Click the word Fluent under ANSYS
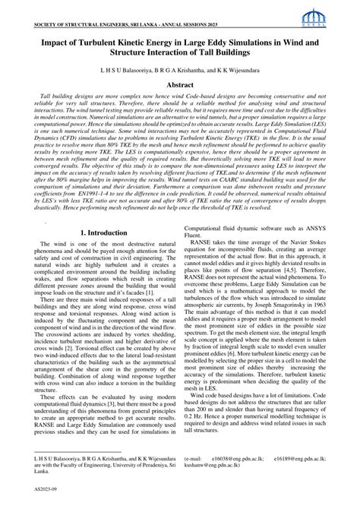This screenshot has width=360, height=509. click(x=194, y=232)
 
